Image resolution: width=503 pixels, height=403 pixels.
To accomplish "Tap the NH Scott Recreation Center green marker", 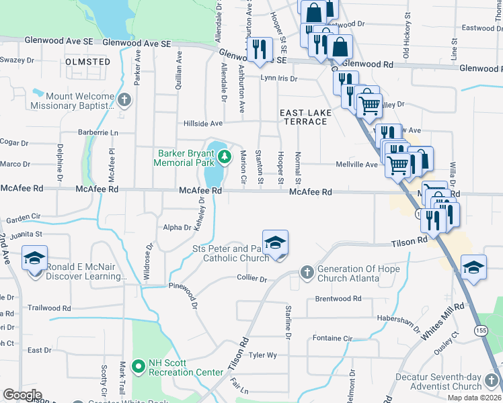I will coord(139,366).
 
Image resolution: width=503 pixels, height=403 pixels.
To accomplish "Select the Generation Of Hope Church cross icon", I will coord(307,273).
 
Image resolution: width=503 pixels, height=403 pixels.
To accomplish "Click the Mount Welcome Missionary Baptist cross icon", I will coord(123,101).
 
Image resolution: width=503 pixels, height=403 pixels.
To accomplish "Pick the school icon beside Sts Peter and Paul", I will coord(274,243).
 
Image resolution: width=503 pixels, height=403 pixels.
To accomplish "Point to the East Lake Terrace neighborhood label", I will coord(305,116).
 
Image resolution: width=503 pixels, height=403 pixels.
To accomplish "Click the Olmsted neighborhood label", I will coord(88,62).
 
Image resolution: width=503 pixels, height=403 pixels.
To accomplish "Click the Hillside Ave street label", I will coord(203,124).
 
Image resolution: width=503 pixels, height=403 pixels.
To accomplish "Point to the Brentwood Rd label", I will coord(338,298).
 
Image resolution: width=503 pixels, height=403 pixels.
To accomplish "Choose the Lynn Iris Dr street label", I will coord(279,78).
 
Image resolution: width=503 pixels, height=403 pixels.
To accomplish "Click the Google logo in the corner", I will coord(22,395).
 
